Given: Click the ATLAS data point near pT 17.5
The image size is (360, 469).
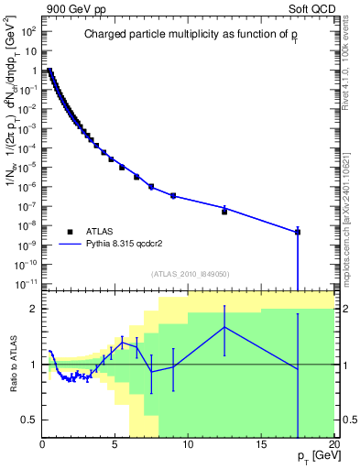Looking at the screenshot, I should click(298, 232).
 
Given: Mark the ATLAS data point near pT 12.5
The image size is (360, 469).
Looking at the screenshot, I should click(224, 212).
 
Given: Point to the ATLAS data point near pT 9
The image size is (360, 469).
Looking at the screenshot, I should click(173, 196).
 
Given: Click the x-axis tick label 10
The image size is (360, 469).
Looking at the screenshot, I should click(188, 444).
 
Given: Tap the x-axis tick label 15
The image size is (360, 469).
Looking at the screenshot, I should click(261, 444).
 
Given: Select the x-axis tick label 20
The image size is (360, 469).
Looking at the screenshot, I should click(333, 444).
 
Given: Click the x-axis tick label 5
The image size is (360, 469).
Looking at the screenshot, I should click(115, 444).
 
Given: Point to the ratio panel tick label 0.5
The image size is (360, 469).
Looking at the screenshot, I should click(28, 420).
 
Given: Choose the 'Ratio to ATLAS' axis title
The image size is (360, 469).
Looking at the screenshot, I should click(13, 364).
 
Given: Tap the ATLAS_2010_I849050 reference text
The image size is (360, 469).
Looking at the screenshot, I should click(190, 274).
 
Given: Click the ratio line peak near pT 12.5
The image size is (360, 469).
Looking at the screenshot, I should click(224, 327).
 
